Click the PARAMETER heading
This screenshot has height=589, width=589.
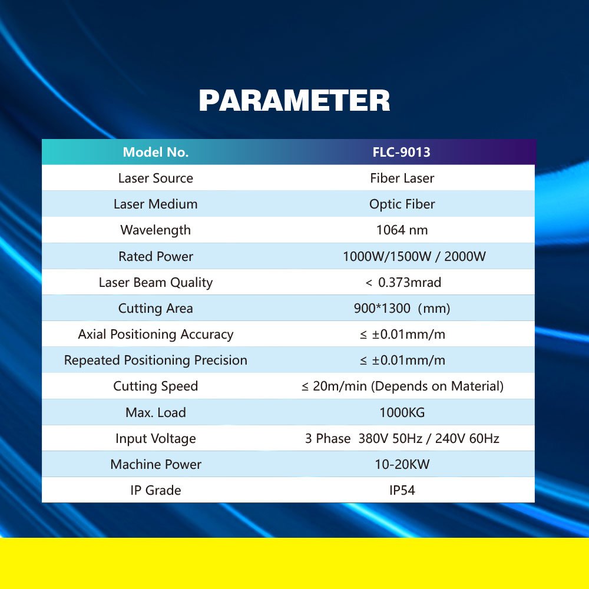pyautogui.click(x=294, y=101)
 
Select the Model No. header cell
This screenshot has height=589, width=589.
pyautogui.click(x=155, y=152)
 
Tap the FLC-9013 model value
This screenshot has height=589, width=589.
pyautogui.click(x=401, y=152)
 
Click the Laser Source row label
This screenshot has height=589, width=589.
pyautogui.click(x=155, y=178)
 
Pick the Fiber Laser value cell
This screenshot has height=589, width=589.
pyautogui.click(x=402, y=178)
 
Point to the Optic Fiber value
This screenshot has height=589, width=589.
pyautogui.click(x=402, y=204)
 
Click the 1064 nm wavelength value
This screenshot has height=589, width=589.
pyautogui.click(x=402, y=230)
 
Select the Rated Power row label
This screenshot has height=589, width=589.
pyautogui.click(x=155, y=256)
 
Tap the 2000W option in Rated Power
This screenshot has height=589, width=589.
pyautogui.click(x=465, y=256)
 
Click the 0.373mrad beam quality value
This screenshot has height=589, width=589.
pyautogui.click(x=409, y=282)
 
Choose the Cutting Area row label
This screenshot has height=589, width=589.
pyautogui.click(x=155, y=309)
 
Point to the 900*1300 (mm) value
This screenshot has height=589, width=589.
pyautogui.click(x=402, y=309)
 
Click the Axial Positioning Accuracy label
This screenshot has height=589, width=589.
pyautogui.click(x=155, y=335)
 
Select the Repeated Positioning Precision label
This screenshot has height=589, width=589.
pyautogui.click(x=155, y=360)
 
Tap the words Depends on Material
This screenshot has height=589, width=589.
pyautogui.click(x=437, y=386)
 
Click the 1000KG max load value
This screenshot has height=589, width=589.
pyautogui.click(x=402, y=412)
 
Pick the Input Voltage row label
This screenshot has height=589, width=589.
pyautogui.click(x=155, y=438)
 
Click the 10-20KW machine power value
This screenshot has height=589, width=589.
pyautogui.click(x=402, y=464)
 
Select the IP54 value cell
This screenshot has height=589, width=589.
pyautogui.click(x=402, y=490)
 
